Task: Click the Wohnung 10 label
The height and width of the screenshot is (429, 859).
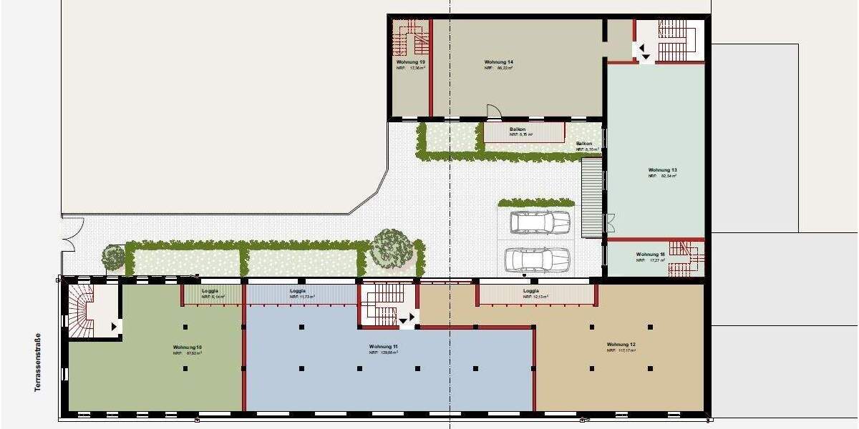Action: (x=186, y=347)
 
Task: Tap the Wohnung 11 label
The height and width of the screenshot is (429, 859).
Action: (x=383, y=346)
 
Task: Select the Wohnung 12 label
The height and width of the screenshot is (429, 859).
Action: (x=621, y=345)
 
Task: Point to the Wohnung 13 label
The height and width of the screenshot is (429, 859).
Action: (x=662, y=170)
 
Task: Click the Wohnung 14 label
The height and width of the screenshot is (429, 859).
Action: (x=498, y=63)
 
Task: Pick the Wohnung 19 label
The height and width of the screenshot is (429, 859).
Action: (x=410, y=63)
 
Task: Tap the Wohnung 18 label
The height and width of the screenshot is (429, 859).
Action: (x=650, y=255)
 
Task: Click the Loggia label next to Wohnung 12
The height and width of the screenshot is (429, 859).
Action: (x=530, y=291)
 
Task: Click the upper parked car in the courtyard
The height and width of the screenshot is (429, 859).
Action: (x=540, y=222)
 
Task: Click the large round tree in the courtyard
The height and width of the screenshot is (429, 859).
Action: (x=392, y=248)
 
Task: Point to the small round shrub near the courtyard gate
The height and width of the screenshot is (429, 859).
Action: (x=112, y=257)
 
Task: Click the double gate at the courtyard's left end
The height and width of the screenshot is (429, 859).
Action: (x=67, y=234)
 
